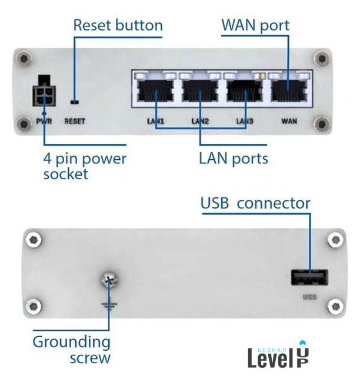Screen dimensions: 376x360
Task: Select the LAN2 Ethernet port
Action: pyautogui.click(x=200, y=92)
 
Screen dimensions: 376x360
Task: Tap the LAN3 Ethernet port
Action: pyautogui.click(x=244, y=92)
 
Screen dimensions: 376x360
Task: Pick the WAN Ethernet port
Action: pyautogui.click(x=289, y=92)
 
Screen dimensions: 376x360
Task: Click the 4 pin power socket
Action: pyautogui.click(x=45, y=92)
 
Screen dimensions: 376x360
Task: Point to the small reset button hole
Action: pyautogui.click(x=74, y=100)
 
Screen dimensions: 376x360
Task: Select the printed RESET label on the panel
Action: pyautogui.click(x=75, y=122)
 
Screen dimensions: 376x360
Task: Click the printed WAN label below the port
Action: pyautogui.click(x=289, y=122)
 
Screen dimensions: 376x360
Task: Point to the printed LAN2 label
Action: pyautogui.click(x=200, y=122)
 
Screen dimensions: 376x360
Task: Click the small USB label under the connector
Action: pyautogui.click(x=309, y=297)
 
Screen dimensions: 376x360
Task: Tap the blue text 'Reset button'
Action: pyautogui.click(x=118, y=25)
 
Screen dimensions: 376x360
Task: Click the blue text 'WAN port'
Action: pyautogui.click(x=255, y=25)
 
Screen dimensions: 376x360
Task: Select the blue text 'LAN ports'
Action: pyautogui.click(x=234, y=158)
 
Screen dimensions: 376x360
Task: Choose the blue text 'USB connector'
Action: pyautogui.click(x=255, y=203)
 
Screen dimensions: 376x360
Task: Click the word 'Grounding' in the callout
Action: pyautogui.click(x=71, y=341)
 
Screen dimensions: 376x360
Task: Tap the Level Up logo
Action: pyautogui.click(x=278, y=354)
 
